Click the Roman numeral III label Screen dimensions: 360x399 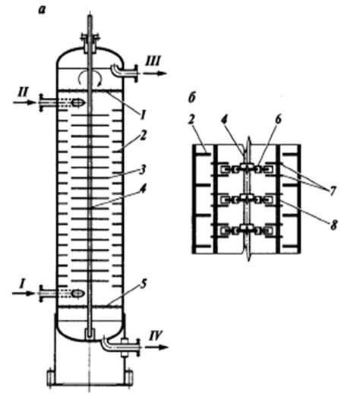tap(153, 61)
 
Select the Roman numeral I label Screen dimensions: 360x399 tap(23, 284)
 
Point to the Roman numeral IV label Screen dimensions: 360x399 tap(156, 335)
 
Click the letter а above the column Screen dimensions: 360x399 tap(43, 11)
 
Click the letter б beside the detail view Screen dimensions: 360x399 tap(192, 97)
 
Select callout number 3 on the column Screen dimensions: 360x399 tap(143, 170)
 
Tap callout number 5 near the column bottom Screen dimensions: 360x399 tap(144, 284)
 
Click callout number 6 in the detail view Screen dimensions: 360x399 tap(278, 119)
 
